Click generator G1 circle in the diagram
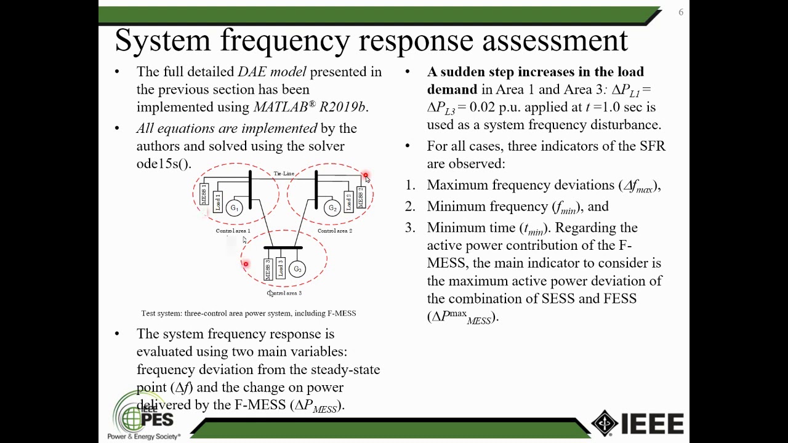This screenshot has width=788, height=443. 234,208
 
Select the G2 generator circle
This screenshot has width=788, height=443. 332,208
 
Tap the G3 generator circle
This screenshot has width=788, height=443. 297,269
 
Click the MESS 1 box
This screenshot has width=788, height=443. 204,194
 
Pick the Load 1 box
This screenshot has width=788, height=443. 217,201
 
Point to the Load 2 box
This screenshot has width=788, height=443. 348,201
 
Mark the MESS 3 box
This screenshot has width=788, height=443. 268,269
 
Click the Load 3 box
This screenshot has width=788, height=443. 281,269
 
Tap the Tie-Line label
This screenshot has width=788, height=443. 284,174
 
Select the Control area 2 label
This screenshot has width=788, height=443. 335,231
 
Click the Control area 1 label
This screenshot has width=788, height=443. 233,231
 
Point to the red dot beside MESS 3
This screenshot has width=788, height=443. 246,264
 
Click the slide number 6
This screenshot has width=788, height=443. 681,12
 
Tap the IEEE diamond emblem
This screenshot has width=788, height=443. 605,423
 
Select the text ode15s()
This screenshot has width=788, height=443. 164,164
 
